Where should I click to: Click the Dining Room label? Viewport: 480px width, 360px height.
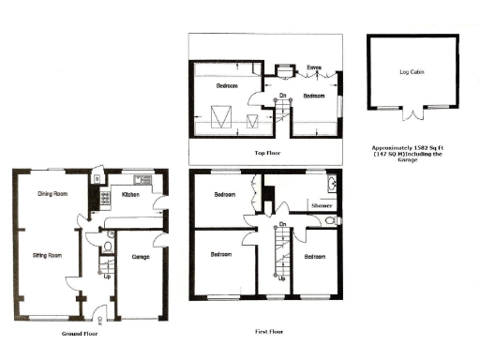pos(52,194)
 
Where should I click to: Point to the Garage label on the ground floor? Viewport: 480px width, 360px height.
pos(141,256)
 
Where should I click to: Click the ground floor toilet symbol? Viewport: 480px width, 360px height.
pos(110,246)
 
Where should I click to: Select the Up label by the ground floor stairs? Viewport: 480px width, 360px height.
pos(105,277)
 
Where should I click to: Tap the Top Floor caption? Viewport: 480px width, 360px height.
pos(268,151)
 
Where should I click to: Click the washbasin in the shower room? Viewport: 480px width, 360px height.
pos(333,184)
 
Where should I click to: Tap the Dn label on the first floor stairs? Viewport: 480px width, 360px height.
pos(281,224)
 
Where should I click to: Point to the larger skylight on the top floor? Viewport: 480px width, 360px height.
pos(222,117)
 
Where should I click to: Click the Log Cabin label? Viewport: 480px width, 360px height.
pos(412,72)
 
